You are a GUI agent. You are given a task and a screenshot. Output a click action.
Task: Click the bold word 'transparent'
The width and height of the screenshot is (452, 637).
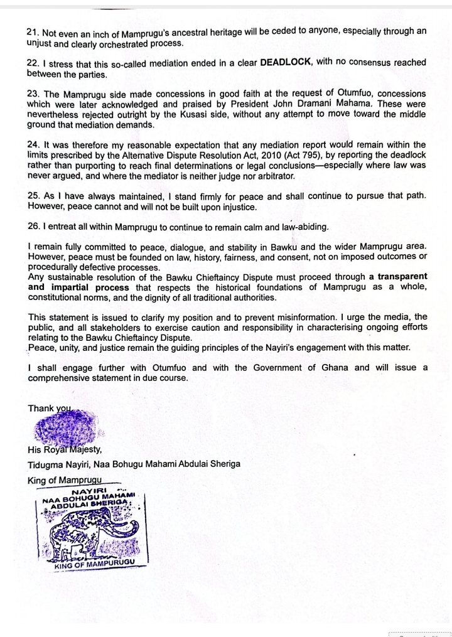402,277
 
